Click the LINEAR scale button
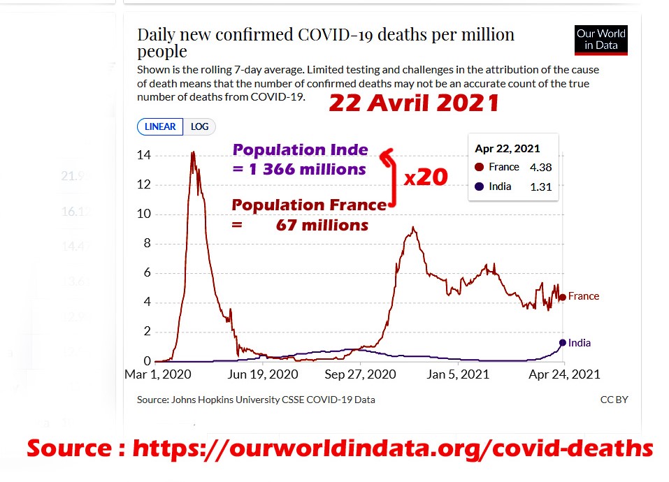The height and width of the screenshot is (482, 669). [160, 126]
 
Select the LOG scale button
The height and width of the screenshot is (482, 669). [200, 126]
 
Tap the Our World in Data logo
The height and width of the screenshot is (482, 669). [600, 41]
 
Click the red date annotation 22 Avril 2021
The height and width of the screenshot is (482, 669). [414, 103]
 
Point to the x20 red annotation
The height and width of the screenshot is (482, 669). [426, 177]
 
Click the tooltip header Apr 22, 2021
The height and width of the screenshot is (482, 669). [507, 149]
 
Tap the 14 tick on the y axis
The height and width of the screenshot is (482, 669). [143, 155]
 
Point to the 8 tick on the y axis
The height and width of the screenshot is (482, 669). [147, 244]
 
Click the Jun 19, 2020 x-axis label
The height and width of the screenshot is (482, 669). [263, 374]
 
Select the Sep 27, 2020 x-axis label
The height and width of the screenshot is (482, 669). [360, 374]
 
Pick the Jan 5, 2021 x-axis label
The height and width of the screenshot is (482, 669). [458, 374]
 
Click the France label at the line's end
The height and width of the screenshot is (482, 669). [584, 296]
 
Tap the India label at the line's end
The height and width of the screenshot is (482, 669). [580, 343]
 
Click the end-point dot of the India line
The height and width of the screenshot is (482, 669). [563, 342]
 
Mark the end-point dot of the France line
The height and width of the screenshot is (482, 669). [563, 297]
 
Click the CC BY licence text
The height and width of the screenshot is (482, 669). [614, 400]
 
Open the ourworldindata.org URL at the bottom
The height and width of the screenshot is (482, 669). [392, 448]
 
